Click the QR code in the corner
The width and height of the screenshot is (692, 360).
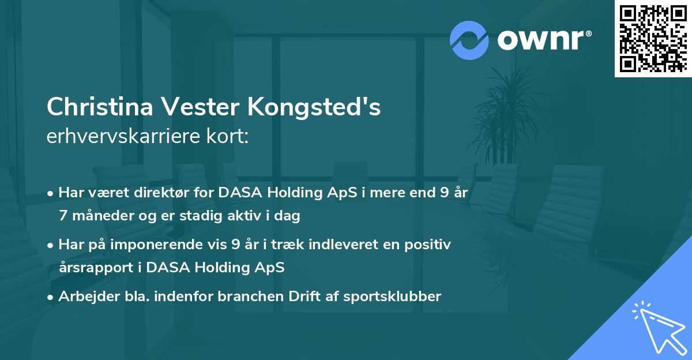(653, 38)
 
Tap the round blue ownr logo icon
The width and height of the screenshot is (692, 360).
(469, 40)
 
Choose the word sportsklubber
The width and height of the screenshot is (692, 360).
(392, 296)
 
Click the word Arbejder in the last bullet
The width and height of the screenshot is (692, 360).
(84, 296)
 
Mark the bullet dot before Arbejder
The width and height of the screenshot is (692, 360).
(51, 297)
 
